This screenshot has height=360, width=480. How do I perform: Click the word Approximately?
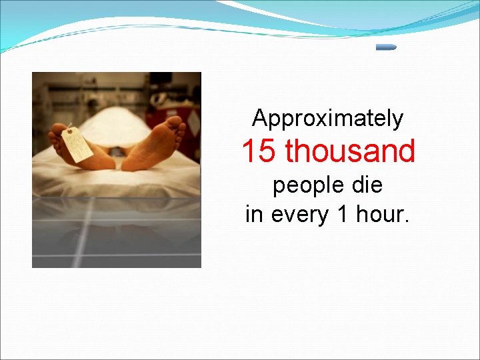click(327, 119)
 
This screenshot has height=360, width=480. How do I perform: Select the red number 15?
click(259, 151)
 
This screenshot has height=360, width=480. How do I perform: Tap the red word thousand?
click(350, 151)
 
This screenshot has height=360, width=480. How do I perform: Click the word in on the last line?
click(254, 215)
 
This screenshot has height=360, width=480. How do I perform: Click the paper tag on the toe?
click(77, 145)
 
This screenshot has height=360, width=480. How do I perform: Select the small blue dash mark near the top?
click(386, 47)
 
